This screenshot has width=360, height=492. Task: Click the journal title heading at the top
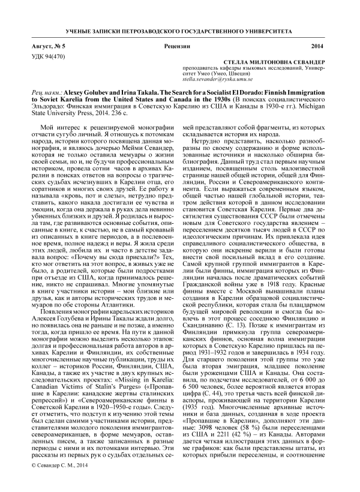click(x=180, y=29)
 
